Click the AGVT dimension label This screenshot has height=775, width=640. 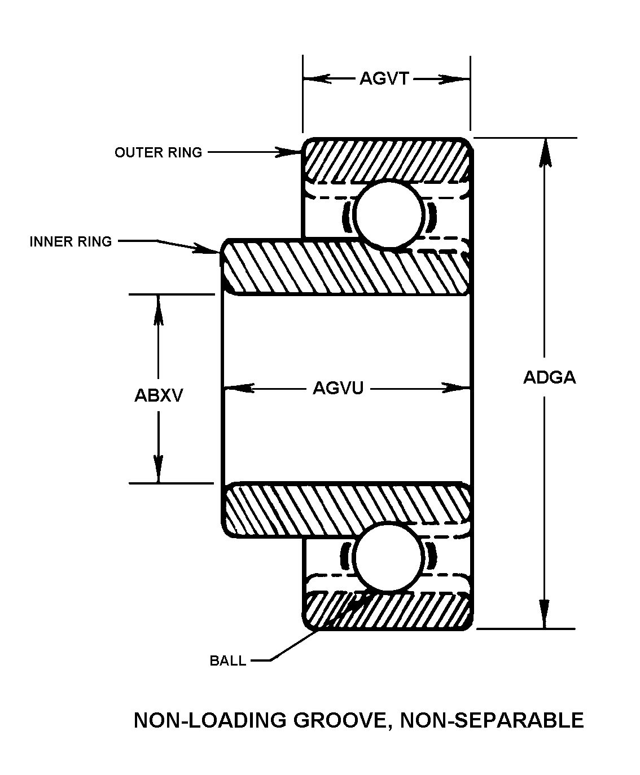point(384,79)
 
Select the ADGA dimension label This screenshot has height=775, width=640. point(549,377)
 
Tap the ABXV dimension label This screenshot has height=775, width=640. point(159,395)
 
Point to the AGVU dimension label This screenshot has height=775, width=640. point(338,388)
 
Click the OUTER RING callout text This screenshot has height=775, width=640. point(158,152)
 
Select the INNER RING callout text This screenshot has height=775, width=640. point(71,241)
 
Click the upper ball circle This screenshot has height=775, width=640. point(388,214)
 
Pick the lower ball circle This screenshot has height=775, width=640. point(388,557)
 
